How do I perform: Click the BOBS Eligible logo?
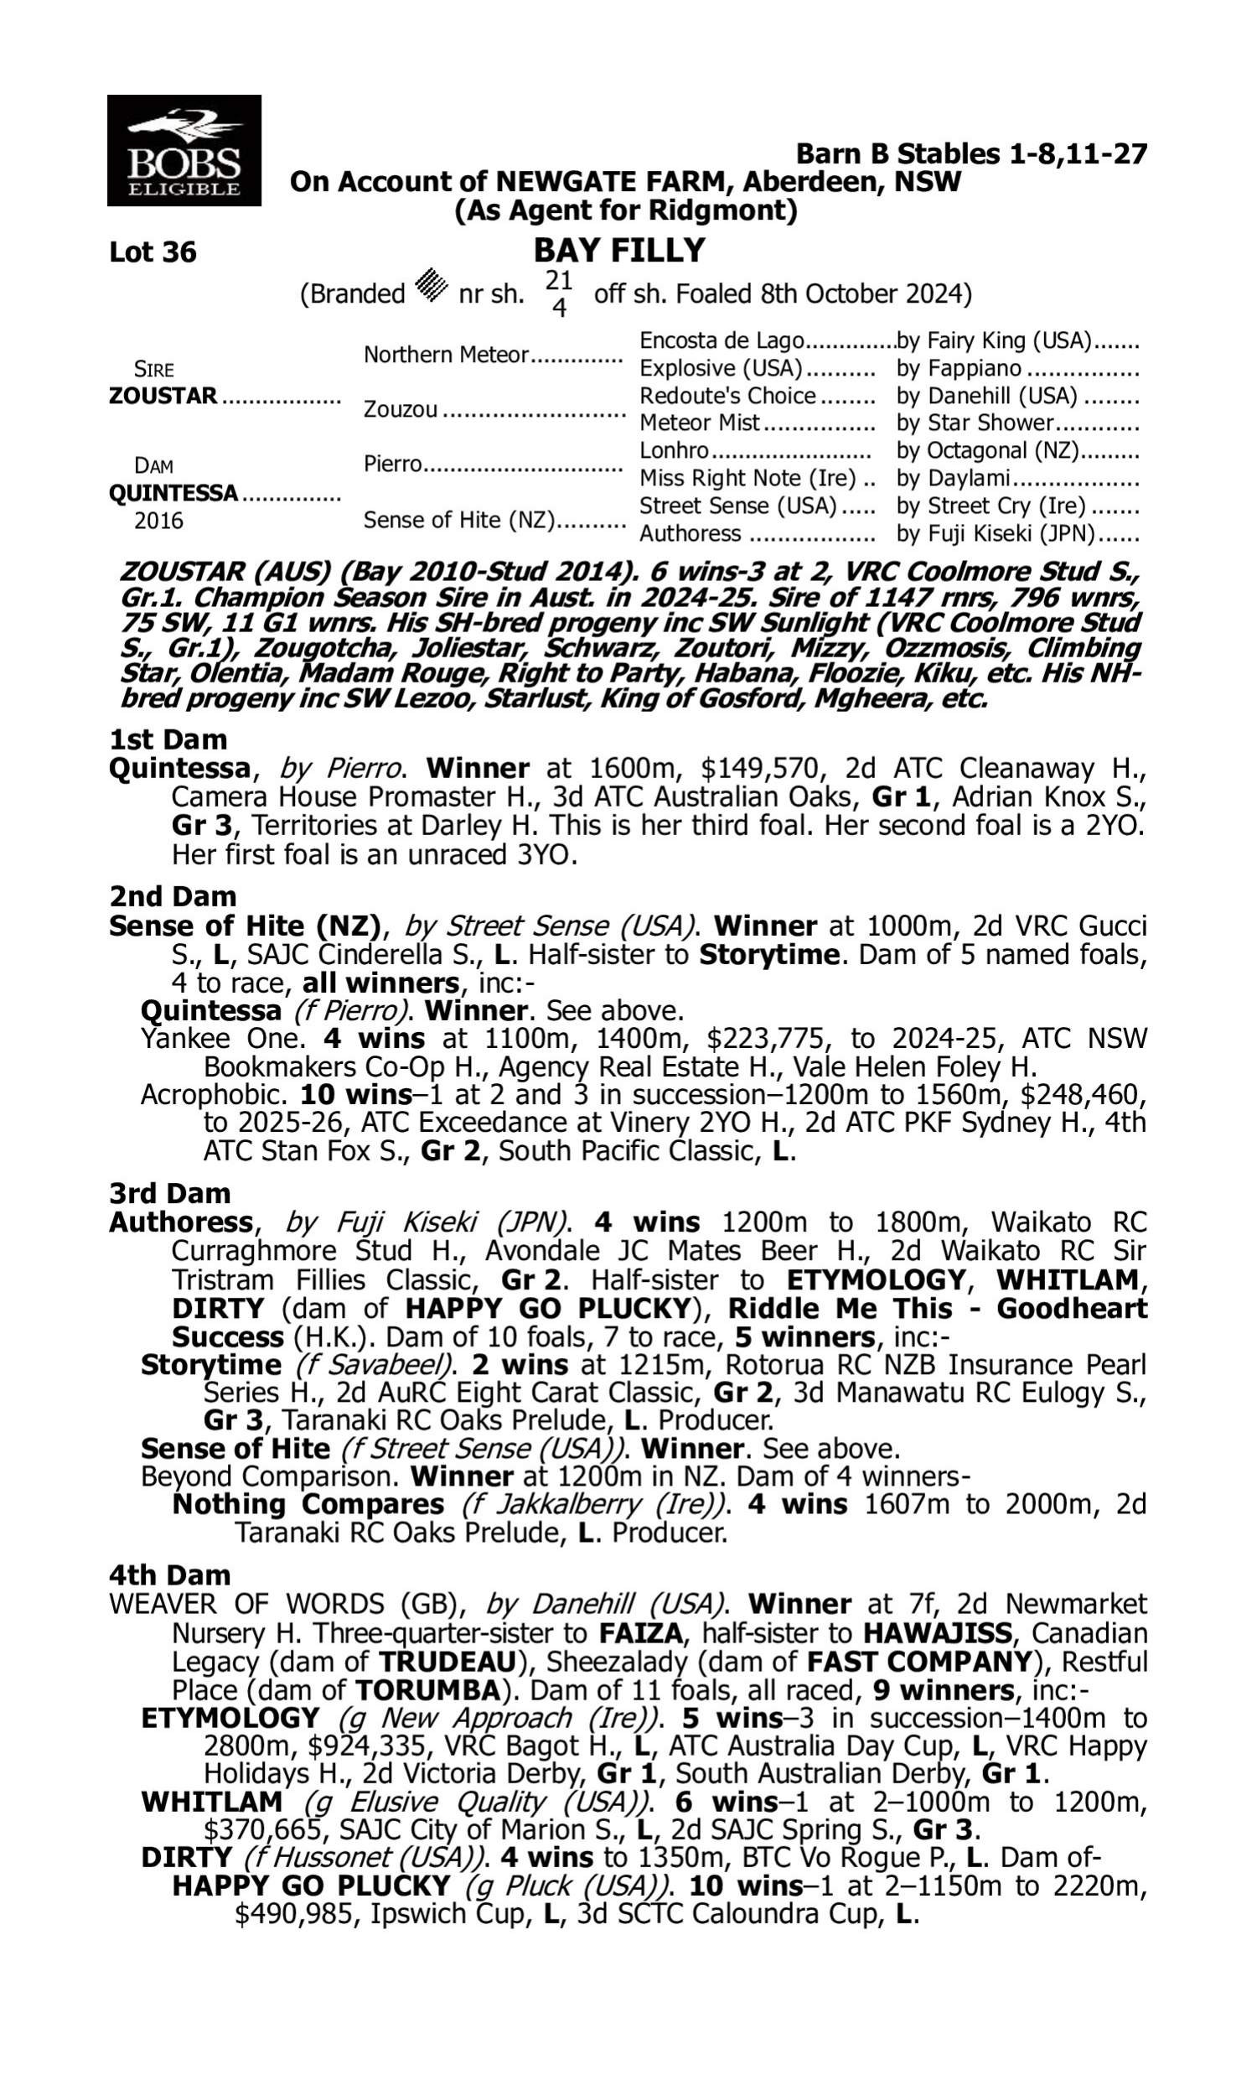pyautogui.click(x=184, y=151)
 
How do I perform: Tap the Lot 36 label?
pyautogui.click(x=153, y=252)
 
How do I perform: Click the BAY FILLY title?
pyautogui.click(x=619, y=251)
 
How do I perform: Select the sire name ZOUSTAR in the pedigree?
pyautogui.click(x=163, y=396)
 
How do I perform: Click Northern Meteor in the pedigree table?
pyautogui.click(x=446, y=355)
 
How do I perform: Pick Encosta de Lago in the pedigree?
pyautogui.click(x=721, y=340)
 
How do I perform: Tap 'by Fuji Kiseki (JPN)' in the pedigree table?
pyautogui.click(x=996, y=534)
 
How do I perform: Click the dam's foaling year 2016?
pyautogui.click(x=158, y=521)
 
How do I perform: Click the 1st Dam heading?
pyautogui.click(x=168, y=739)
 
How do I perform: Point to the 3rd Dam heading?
pyautogui.click(x=169, y=1193)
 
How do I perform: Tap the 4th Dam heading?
pyautogui.click(x=169, y=1575)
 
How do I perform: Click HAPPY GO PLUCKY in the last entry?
pyautogui.click(x=311, y=1886)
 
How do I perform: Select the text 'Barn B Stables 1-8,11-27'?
pyautogui.click(x=971, y=154)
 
